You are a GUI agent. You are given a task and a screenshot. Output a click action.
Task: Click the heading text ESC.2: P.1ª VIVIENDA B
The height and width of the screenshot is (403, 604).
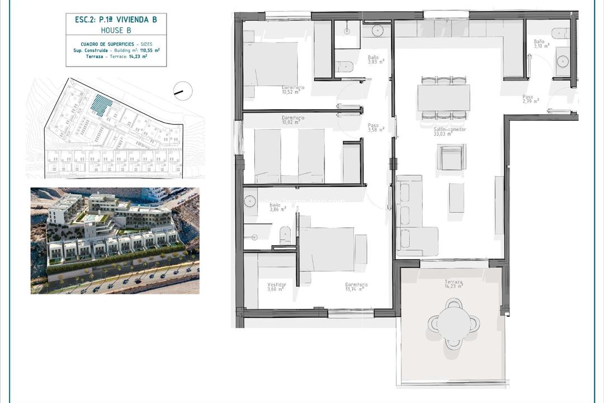point(116,19)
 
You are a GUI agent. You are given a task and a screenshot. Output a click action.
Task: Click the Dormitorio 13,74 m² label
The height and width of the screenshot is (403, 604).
point(356,287)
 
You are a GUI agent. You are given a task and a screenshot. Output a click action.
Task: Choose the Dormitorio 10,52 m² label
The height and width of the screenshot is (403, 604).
point(293,90)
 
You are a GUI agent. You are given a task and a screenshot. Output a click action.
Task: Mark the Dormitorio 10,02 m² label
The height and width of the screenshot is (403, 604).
point(293,120)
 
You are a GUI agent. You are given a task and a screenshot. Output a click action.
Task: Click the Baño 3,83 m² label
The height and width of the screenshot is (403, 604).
point(375,60)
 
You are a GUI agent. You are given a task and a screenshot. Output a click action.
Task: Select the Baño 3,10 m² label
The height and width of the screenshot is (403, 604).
point(541,44)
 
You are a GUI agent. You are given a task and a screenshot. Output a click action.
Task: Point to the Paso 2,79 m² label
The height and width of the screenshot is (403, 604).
point(530,99)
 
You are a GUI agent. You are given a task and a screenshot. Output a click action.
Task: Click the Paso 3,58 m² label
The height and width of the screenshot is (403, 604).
point(375,128)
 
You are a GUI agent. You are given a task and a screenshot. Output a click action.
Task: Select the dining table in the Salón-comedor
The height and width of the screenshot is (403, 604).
point(443,97)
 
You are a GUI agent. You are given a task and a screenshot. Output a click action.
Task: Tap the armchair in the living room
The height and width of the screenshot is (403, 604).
point(451,157)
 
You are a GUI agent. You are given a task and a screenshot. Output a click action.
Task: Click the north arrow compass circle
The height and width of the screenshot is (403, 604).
point(183,90)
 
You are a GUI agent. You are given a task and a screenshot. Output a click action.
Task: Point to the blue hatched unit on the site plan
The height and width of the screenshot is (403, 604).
point(102,105)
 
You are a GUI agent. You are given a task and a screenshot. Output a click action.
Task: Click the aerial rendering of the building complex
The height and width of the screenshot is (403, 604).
point(115,240)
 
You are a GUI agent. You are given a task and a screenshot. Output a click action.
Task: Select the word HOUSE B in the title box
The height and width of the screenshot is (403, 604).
point(116,30)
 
